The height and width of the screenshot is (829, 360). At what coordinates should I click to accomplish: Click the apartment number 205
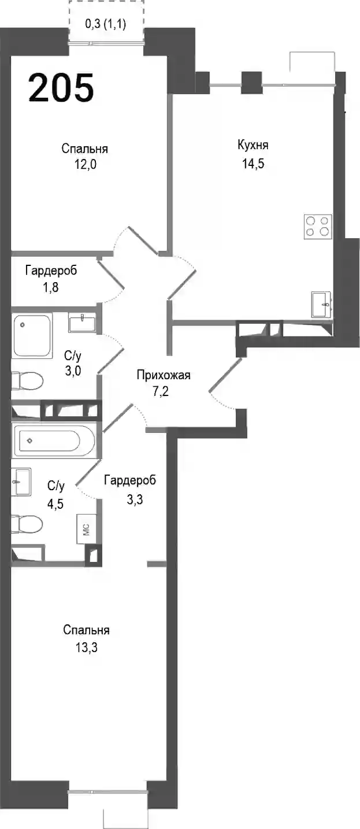(61, 87)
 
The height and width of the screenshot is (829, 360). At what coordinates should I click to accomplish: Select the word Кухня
(253, 145)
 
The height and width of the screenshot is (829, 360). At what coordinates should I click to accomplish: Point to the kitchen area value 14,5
(253, 163)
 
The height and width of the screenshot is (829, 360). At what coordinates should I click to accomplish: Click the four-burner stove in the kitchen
(318, 227)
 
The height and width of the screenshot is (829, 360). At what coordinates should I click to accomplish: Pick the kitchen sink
(321, 304)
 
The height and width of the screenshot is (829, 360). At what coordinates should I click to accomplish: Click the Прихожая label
(164, 375)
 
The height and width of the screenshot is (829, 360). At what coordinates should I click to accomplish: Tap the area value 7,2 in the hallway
(161, 391)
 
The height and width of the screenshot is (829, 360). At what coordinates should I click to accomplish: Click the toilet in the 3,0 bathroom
(27, 381)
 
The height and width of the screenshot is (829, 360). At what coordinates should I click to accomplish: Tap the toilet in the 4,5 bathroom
(27, 524)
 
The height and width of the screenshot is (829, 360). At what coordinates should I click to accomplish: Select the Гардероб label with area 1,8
(51, 271)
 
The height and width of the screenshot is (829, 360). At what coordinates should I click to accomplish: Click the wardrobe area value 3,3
(135, 499)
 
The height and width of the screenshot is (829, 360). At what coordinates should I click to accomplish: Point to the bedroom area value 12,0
(86, 164)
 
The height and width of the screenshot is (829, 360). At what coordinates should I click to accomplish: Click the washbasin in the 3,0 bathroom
(82, 323)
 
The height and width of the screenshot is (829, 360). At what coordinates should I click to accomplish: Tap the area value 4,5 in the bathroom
(55, 504)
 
